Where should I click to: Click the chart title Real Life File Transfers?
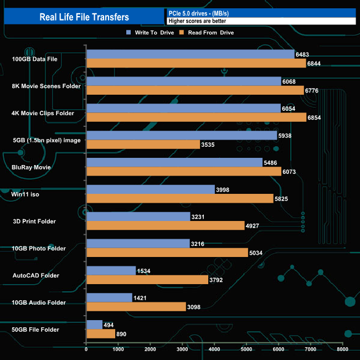pos(84,17)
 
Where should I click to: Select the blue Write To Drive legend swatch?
pos(128,33)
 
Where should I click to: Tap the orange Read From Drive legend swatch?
pos(182,33)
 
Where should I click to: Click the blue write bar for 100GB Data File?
pos(191,54)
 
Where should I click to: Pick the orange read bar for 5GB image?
pos(143,145)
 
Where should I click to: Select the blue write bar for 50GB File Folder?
pos(95,325)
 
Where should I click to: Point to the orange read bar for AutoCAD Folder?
pos(147,280)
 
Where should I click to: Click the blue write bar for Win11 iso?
pos(151,189)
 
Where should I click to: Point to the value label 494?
pos(110,325)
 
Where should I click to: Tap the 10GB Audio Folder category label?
pos(39,302)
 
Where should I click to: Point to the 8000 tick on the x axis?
pos(343,349)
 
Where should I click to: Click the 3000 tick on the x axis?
pos(183,349)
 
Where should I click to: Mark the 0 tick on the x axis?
pos(86,349)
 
